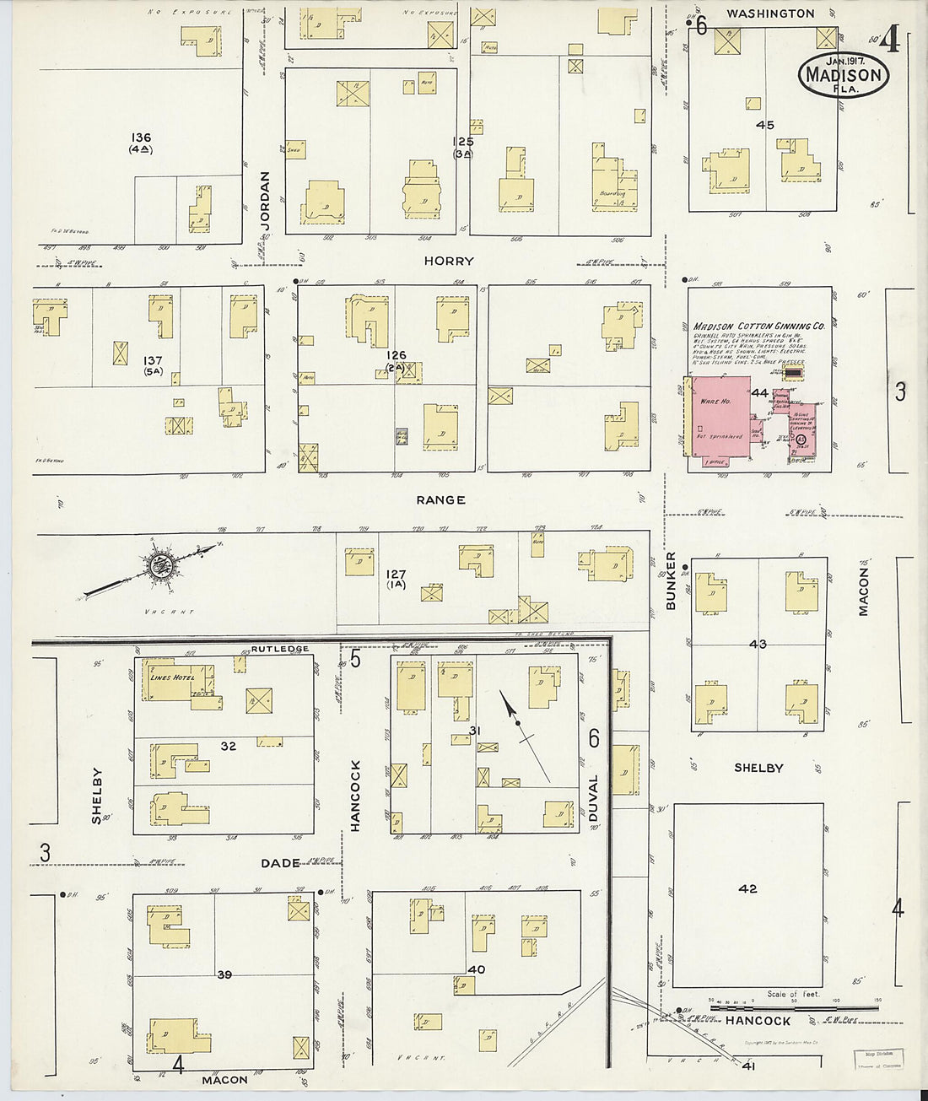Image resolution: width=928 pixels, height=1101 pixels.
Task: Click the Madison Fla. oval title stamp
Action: click(843, 75)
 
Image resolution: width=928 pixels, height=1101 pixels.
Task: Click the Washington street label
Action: click(770, 13)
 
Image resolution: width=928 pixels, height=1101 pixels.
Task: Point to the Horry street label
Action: click(448, 262)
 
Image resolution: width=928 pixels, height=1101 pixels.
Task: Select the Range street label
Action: click(440, 500)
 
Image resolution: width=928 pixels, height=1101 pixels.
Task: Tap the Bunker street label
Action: click(672, 581)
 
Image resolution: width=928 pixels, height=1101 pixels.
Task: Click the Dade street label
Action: click(280, 863)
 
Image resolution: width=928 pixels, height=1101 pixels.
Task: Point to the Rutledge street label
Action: click(279, 649)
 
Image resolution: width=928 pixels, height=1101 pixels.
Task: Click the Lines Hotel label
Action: click(172, 677)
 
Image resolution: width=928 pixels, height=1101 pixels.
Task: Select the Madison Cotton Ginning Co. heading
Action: click(758, 326)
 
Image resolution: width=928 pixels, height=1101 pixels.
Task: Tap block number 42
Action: click(747, 888)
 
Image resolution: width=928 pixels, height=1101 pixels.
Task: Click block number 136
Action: click(141, 138)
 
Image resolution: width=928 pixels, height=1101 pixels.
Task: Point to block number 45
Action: click(764, 125)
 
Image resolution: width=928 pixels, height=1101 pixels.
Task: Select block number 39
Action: click(224, 974)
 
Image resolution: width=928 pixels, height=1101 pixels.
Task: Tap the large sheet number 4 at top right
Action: click(888, 42)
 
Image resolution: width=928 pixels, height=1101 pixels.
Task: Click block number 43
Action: click(758, 645)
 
